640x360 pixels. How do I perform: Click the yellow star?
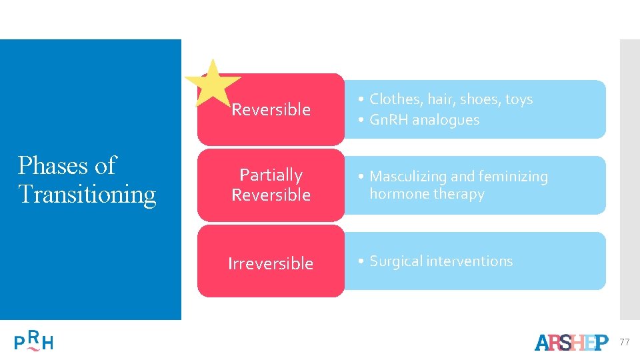212,83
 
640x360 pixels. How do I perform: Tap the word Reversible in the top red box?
271,109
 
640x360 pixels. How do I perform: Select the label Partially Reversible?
271,185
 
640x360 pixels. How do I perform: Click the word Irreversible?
271,263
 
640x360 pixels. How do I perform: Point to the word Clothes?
396,99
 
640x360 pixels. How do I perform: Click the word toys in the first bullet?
519,99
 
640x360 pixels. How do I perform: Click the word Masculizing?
408,177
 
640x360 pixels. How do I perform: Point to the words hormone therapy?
427,194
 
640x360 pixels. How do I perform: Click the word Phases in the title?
51,165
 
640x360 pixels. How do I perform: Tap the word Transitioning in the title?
87,194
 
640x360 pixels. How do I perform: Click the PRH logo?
34,341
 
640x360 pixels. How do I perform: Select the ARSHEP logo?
571,342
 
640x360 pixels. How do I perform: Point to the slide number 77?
624,342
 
